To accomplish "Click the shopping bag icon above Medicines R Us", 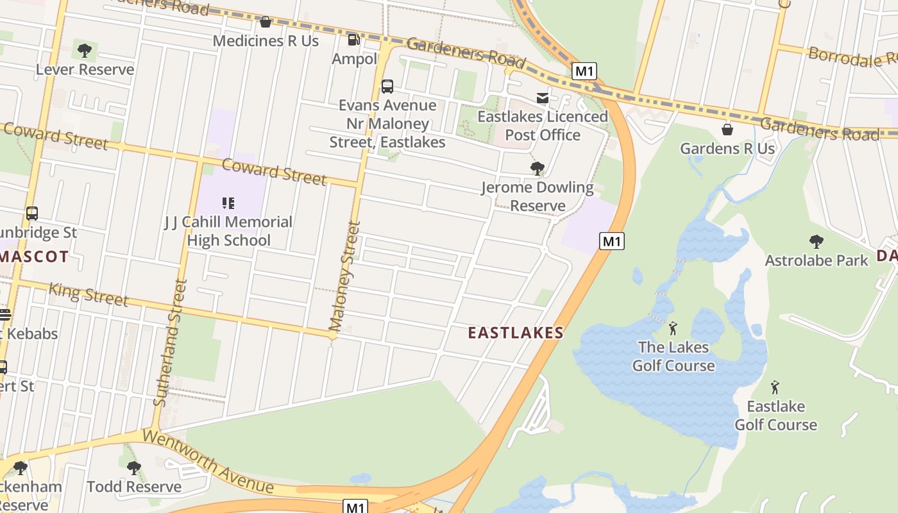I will click(x=265, y=22).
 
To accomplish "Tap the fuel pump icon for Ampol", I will click(x=353, y=40).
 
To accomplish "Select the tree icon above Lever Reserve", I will click(x=84, y=49).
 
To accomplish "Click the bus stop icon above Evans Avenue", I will click(x=387, y=87).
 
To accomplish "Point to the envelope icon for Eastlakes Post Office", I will click(x=543, y=97).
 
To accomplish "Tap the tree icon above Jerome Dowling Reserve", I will click(x=537, y=169).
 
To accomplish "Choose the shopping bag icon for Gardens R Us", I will click(x=727, y=130).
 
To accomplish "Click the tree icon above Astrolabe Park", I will click(x=816, y=242).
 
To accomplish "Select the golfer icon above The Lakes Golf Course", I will click(x=673, y=329).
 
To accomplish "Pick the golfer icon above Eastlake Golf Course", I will click(x=775, y=387).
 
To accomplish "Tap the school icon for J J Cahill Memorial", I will click(x=228, y=203).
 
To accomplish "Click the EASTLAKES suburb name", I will click(x=516, y=333).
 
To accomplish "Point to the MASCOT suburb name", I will click(x=34, y=257).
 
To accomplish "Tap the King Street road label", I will click(x=89, y=294).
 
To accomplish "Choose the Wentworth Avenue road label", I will click(x=208, y=462).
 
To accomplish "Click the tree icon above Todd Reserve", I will click(x=133, y=468).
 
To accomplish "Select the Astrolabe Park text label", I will click(x=816, y=260).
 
